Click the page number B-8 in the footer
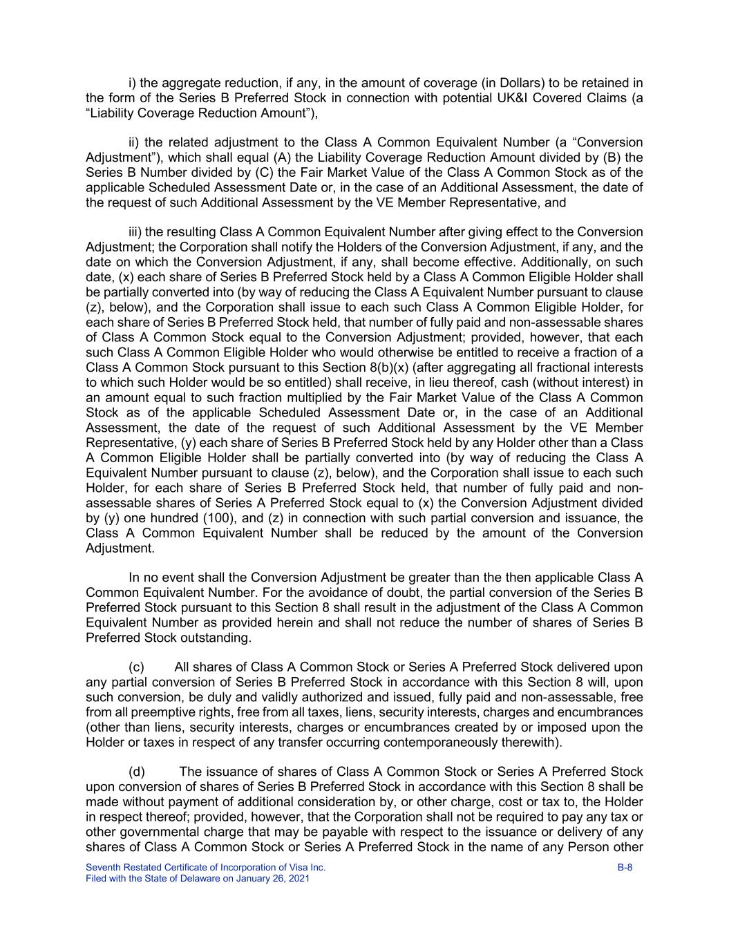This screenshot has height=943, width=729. pos(625,868)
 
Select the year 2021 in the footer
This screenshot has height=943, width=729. pos(299,879)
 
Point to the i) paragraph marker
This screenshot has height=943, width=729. pos(133,83)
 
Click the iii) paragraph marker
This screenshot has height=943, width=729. pos(135,232)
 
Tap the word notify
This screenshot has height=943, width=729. pos(302,247)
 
